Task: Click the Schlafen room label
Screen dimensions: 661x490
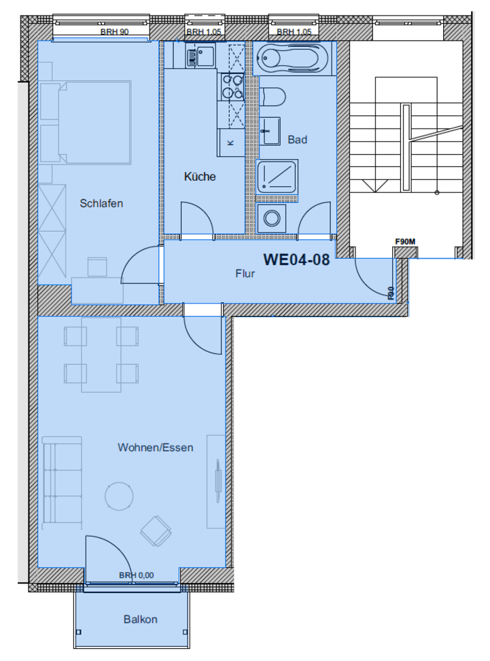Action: pos(101,203)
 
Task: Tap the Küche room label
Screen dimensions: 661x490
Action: pos(200,177)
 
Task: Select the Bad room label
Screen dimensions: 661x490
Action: pos(297,140)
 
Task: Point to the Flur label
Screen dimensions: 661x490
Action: pos(245,275)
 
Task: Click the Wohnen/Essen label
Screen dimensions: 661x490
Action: pos(156,448)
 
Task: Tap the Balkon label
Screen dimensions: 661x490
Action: pos(141,620)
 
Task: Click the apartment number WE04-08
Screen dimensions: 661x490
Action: pos(296,260)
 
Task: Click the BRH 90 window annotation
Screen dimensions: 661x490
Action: pos(114,31)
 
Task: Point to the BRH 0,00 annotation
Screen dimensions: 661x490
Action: pos(137,575)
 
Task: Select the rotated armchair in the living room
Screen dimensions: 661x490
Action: pos(156,531)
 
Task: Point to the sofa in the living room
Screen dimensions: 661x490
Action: pos(60,483)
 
